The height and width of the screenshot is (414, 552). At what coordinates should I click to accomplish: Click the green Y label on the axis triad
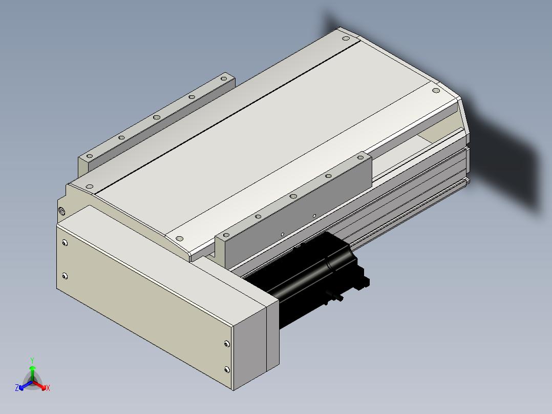click(32, 360)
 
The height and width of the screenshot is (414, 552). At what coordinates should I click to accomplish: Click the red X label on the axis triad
click(48, 388)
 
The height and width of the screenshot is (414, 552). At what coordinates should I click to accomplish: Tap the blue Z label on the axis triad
click(16, 387)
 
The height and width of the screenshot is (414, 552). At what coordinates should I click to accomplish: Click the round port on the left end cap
click(62, 211)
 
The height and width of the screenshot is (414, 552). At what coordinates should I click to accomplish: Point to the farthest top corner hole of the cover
click(346, 38)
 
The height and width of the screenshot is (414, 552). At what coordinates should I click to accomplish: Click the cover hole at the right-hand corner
click(436, 91)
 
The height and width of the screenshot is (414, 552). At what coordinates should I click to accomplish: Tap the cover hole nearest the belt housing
click(179, 239)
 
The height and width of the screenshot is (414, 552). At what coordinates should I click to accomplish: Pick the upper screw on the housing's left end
click(65, 243)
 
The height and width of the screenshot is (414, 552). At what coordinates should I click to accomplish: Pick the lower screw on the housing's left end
click(65, 276)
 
